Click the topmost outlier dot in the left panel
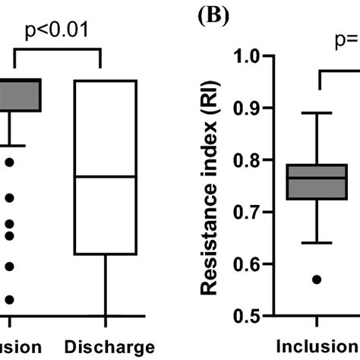9,162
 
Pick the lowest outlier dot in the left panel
9,299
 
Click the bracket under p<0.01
57,49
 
